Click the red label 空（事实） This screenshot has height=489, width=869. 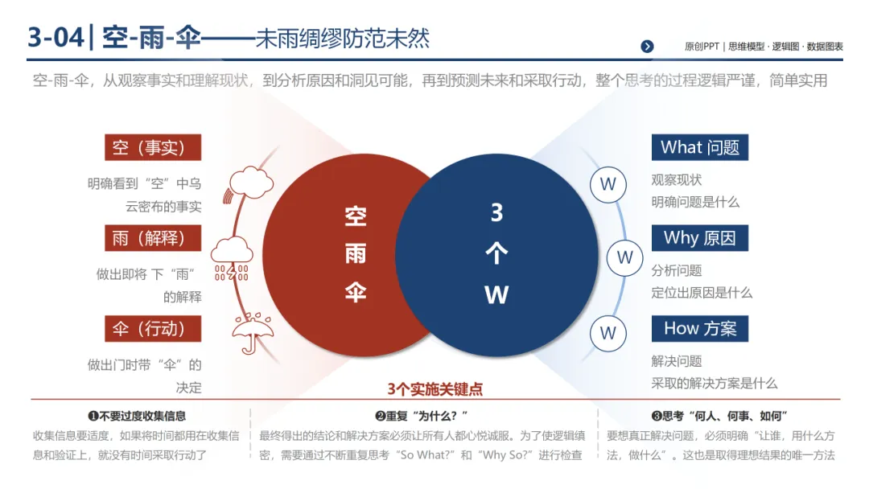click(152, 147)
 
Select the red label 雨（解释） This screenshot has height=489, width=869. click(152, 238)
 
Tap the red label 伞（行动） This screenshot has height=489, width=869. click(152, 329)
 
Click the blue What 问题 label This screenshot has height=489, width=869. click(699, 147)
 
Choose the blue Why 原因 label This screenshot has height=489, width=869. click(699, 238)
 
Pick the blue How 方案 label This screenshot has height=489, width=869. click(699, 329)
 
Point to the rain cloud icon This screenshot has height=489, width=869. click(231, 258)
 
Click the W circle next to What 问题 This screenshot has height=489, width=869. click(608, 184)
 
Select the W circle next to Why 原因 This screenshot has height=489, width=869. click(624, 258)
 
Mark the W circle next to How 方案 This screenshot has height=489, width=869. click(608, 332)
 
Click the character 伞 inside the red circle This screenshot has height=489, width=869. click(356, 292)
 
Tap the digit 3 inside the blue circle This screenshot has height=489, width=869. click(496, 212)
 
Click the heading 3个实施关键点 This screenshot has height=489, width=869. click(434, 389)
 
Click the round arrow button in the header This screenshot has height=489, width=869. click(647, 47)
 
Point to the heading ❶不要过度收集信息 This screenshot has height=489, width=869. click(137, 416)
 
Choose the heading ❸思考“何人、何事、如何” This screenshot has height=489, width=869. click(719, 416)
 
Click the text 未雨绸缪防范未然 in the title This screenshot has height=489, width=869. click(342, 39)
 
